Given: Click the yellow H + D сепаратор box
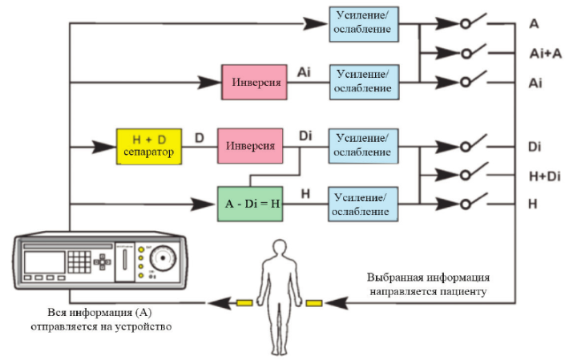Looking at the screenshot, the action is pos(149,147).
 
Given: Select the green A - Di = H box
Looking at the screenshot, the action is pos(250,204).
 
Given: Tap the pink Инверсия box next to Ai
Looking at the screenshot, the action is pos(254,82).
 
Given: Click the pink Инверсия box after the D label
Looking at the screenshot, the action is pos(250,146).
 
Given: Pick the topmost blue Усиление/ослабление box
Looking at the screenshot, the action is pos(364,24).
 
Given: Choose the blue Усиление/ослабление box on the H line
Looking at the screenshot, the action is pos(363,204).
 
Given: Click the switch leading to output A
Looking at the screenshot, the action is pos(474,22).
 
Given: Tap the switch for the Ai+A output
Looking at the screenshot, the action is pos(474,51).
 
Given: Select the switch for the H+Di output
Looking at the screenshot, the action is pos(474,172).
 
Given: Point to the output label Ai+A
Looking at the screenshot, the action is pos(546,54).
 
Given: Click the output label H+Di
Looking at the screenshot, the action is pos(545,176).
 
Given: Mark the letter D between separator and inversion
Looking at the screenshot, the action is pos(200,138).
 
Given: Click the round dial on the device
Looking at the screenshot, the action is pos(163,257).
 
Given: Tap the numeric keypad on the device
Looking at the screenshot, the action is pos(79,261).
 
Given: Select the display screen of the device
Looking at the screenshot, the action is pos(44,262).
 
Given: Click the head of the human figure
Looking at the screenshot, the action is pos(280,249).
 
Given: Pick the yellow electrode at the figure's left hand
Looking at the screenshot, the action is pos(244,302).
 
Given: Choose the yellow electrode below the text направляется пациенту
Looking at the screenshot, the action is pos(314,302).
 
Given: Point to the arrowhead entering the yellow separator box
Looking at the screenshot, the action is pos(104,147).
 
